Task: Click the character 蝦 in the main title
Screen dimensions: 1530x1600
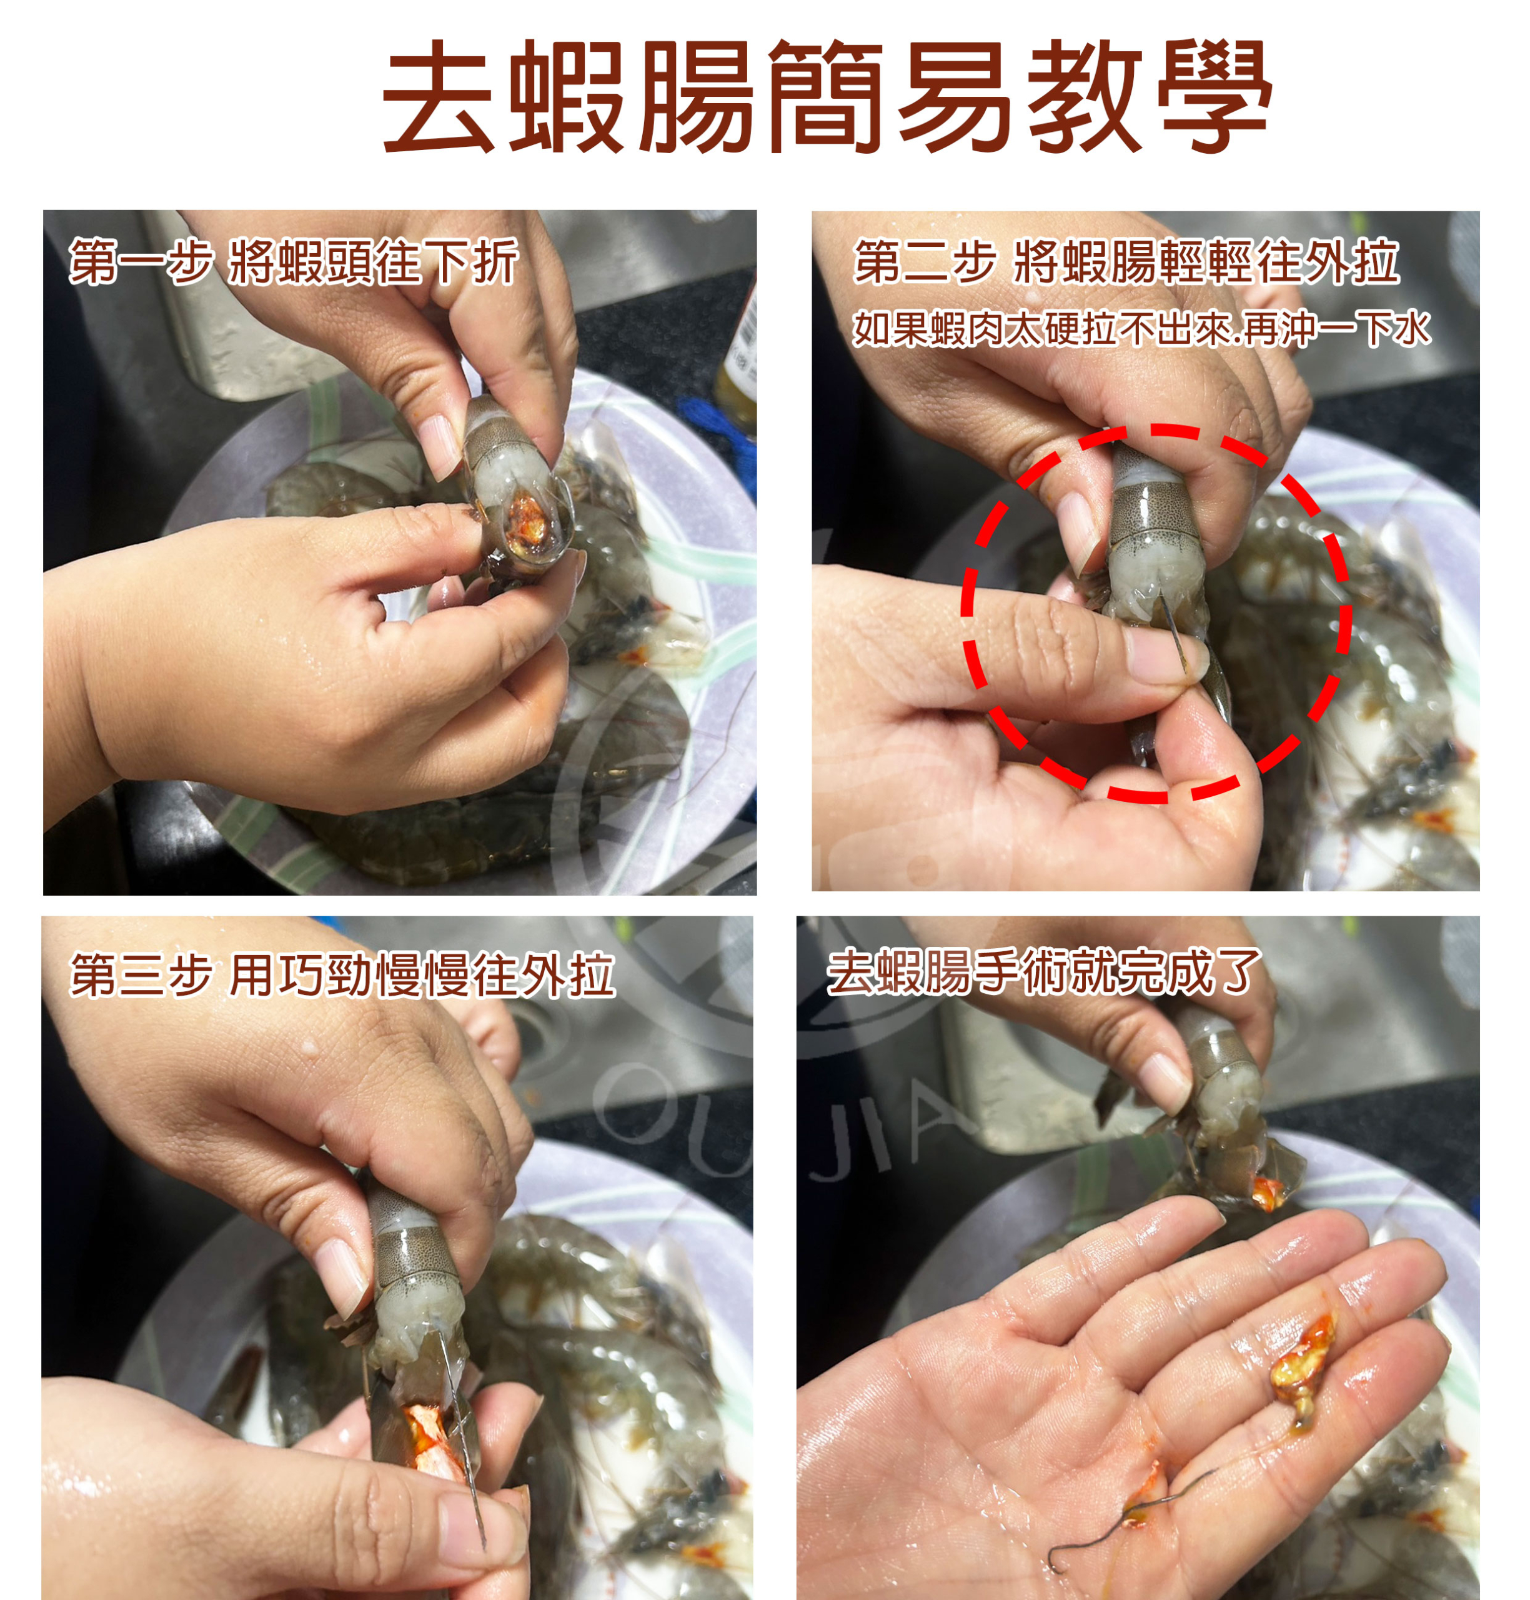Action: [566, 96]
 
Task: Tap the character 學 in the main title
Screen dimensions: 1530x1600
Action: [1215, 96]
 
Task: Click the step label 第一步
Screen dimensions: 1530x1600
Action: [141, 262]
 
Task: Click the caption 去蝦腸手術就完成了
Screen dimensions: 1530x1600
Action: [1045, 972]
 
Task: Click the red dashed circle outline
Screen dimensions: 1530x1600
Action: [963, 612]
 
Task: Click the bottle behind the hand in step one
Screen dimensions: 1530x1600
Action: [739, 351]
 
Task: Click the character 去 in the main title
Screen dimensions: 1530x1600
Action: [439, 96]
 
